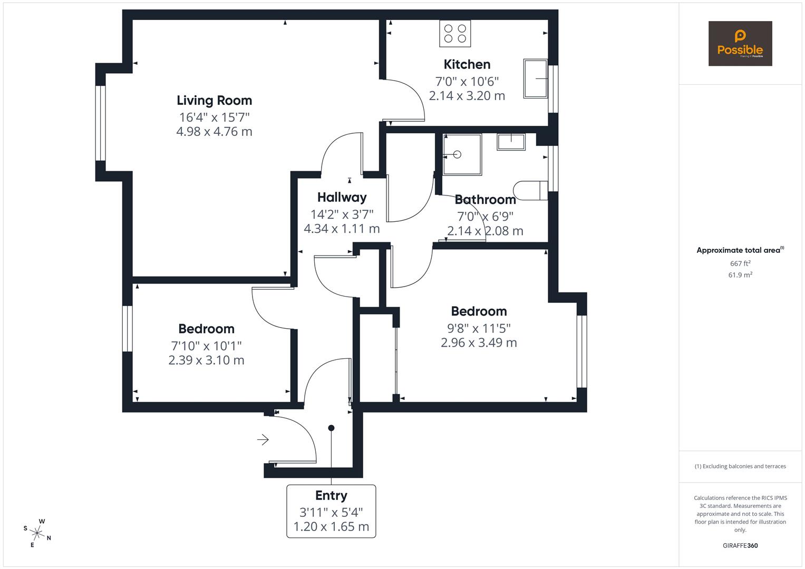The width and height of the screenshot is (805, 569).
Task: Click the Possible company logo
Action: [x=740, y=44]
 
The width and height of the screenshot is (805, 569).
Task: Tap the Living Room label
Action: [x=214, y=100]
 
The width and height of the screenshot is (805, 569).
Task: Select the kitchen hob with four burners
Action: [x=455, y=34]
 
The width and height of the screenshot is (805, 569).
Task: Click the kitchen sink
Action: [x=536, y=79]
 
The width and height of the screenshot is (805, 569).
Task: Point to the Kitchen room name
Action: [x=467, y=64]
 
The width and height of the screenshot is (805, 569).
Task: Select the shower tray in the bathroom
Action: [x=462, y=154]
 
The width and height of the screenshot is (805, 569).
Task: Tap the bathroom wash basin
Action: [x=511, y=142]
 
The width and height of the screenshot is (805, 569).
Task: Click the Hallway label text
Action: [x=342, y=198]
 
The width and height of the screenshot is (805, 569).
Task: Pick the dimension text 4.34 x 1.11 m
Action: [x=342, y=229]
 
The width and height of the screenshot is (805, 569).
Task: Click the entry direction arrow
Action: [x=263, y=439]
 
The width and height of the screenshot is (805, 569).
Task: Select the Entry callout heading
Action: [x=331, y=495]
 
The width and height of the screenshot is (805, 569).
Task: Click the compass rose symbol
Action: [x=37, y=533]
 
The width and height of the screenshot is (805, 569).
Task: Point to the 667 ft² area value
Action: [x=740, y=263]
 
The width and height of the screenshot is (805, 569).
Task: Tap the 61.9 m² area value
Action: [x=740, y=275]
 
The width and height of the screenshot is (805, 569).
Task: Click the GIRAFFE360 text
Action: [x=740, y=545]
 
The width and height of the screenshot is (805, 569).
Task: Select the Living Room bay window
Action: [x=100, y=122]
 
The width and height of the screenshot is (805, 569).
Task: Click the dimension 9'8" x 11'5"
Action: [x=479, y=328]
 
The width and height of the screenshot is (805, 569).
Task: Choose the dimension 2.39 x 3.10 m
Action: [x=206, y=360]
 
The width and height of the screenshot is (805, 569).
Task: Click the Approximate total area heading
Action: [x=740, y=250]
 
